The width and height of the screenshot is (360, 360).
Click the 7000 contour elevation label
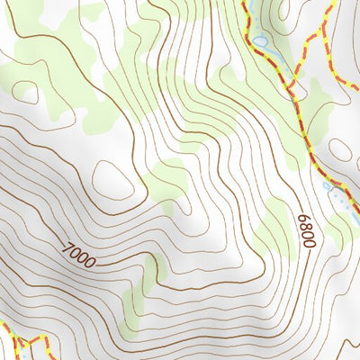(x=79, y=256)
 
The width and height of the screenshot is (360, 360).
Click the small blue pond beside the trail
(x=260, y=41)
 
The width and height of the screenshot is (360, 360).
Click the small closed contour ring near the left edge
(x=24, y=93)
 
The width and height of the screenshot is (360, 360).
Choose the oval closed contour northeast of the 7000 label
(x=114, y=180)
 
